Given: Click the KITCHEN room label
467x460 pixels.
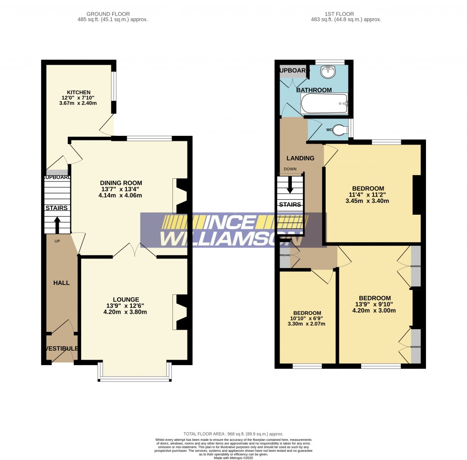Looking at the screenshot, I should pyautogui.click(x=79, y=92).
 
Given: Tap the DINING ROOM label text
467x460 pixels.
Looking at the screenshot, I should pyautogui.click(x=121, y=183).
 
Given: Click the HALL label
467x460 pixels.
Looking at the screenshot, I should pyautogui.click(x=62, y=283).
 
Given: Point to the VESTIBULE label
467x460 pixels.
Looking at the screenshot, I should pyautogui.click(x=62, y=349).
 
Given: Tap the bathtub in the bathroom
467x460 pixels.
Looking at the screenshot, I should pyautogui.click(x=324, y=103).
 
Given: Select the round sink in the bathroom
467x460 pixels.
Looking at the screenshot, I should pyautogui.click(x=327, y=72).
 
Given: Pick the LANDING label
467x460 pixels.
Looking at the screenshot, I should pyautogui.click(x=300, y=158).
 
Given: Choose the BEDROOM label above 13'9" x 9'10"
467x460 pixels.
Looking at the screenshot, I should pyautogui.click(x=374, y=298).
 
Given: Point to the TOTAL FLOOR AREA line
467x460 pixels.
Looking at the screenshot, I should pyautogui.click(x=233, y=434).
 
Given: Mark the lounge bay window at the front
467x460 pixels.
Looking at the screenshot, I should pyautogui.click(x=135, y=378).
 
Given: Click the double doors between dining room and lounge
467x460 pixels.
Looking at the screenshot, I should pyautogui.click(x=134, y=250).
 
